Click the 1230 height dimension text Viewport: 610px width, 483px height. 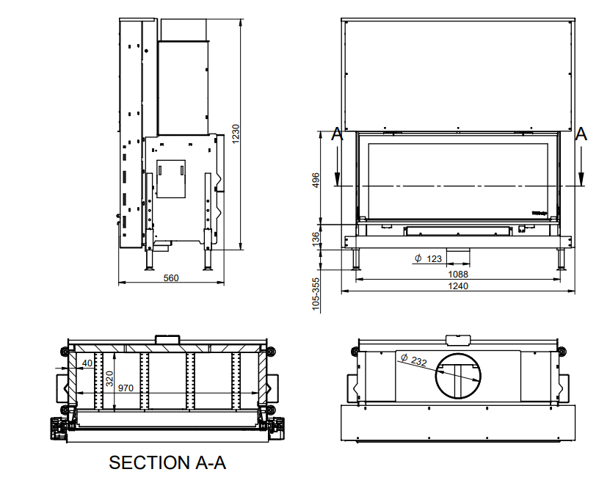click(x=236, y=132)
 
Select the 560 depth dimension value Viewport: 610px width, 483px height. click(x=170, y=278)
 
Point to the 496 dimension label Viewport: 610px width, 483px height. click(x=316, y=181)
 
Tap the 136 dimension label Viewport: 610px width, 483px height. click(x=316, y=239)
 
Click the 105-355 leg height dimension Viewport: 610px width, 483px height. click(x=316, y=294)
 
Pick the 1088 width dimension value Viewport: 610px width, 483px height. click(x=458, y=275)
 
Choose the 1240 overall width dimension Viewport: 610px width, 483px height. click(x=458, y=286)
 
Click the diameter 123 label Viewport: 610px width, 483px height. click(x=428, y=258)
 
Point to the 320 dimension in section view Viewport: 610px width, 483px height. click(x=109, y=379)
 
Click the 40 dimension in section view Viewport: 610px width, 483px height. click(x=87, y=363)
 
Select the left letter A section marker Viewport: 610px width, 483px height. click(x=336, y=134)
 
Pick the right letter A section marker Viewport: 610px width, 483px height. click(x=581, y=134)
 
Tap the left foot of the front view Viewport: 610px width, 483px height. click(x=357, y=260)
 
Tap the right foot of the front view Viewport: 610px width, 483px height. click(x=562, y=260)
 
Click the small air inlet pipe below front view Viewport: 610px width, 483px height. click(x=460, y=255)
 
